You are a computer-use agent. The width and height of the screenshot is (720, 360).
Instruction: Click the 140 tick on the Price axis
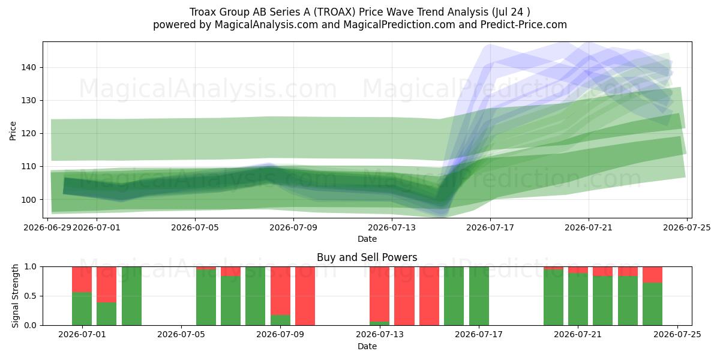point(29,67)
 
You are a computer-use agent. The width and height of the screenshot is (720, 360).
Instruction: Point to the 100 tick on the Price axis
point(29,200)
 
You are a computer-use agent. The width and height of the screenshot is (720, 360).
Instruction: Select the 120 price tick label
point(29,133)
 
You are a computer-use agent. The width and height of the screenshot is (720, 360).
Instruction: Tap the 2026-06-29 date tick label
point(47,227)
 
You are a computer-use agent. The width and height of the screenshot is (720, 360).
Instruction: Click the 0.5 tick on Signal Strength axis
point(31,296)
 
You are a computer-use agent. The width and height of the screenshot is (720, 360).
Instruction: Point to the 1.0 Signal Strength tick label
point(31,267)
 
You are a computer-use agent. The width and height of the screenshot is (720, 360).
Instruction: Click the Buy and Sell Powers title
point(367,257)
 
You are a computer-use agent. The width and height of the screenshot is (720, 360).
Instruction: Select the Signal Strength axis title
point(15,296)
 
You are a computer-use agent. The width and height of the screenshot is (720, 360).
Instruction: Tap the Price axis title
point(13,131)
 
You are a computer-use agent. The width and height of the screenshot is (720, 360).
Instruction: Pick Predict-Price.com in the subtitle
point(524,25)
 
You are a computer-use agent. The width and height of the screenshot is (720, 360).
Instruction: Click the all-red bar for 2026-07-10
point(305,296)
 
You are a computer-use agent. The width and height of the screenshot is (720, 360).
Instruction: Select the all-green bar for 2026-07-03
point(131,296)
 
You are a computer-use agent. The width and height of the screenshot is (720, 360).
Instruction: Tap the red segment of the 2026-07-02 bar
point(106,284)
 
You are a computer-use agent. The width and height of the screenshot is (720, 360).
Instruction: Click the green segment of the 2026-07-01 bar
point(82,308)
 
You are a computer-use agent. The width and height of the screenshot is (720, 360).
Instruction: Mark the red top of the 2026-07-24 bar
point(653,275)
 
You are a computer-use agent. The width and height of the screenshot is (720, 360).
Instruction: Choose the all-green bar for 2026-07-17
point(479,296)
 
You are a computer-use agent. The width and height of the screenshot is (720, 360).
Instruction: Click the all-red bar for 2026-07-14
point(404,296)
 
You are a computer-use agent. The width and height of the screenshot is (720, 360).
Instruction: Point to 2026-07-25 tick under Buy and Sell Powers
point(677,335)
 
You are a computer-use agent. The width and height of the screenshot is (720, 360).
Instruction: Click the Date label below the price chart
point(367,239)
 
